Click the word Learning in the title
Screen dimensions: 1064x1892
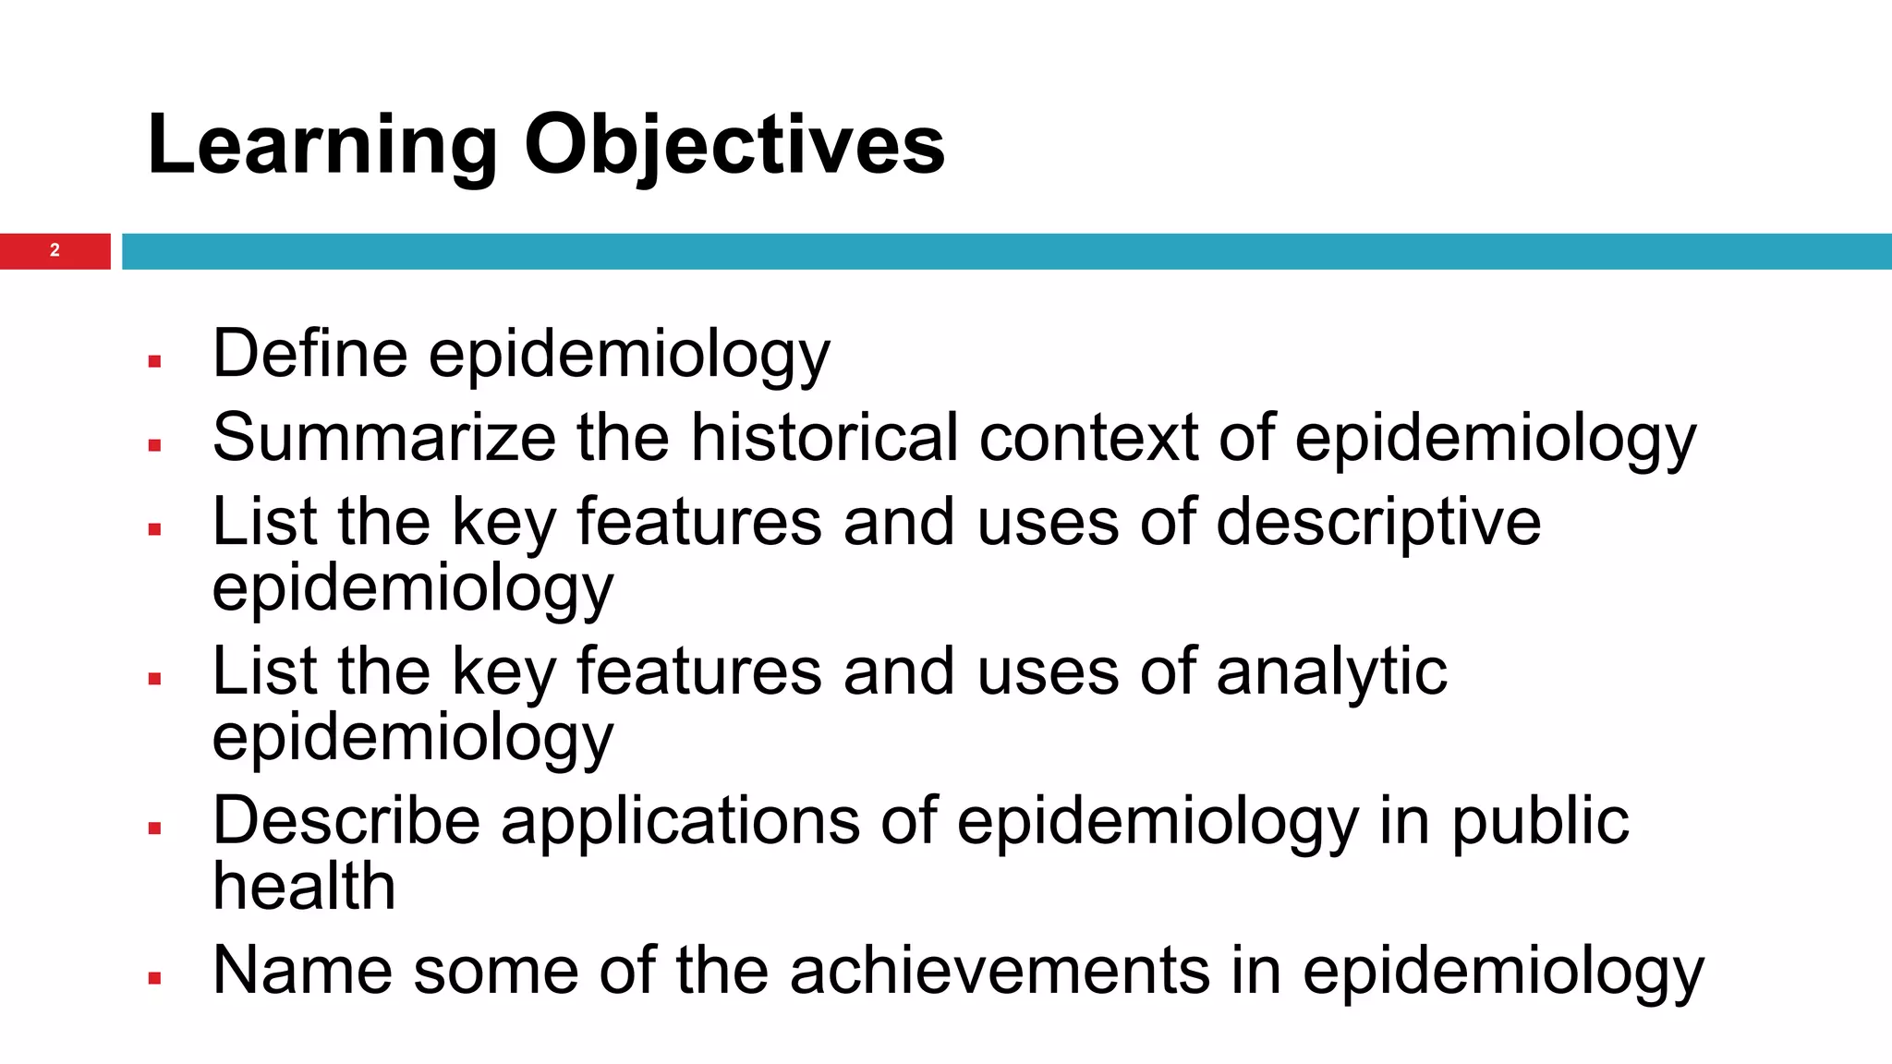pos(321,146)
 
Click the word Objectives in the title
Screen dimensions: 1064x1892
pos(734,146)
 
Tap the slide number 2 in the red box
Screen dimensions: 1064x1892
pos(55,250)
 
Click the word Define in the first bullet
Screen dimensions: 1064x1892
pos(309,354)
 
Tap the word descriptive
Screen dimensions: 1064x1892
pos(1378,522)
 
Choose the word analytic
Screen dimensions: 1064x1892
pos(1331,671)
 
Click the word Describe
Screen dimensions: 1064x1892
pos(346,821)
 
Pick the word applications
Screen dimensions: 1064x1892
pos(680,821)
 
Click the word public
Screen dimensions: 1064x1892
pos(1540,821)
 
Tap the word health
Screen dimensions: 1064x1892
pos(304,887)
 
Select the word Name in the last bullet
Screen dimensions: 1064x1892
pos(302,971)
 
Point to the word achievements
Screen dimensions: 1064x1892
pos(1000,971)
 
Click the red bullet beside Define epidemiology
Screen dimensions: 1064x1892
pos(154,361)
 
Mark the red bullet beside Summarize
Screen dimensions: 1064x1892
pos(154,445)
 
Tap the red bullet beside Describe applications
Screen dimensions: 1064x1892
pos(154,828)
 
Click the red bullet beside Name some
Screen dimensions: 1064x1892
pos(154,978)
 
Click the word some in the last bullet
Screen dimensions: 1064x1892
pos(495,971)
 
